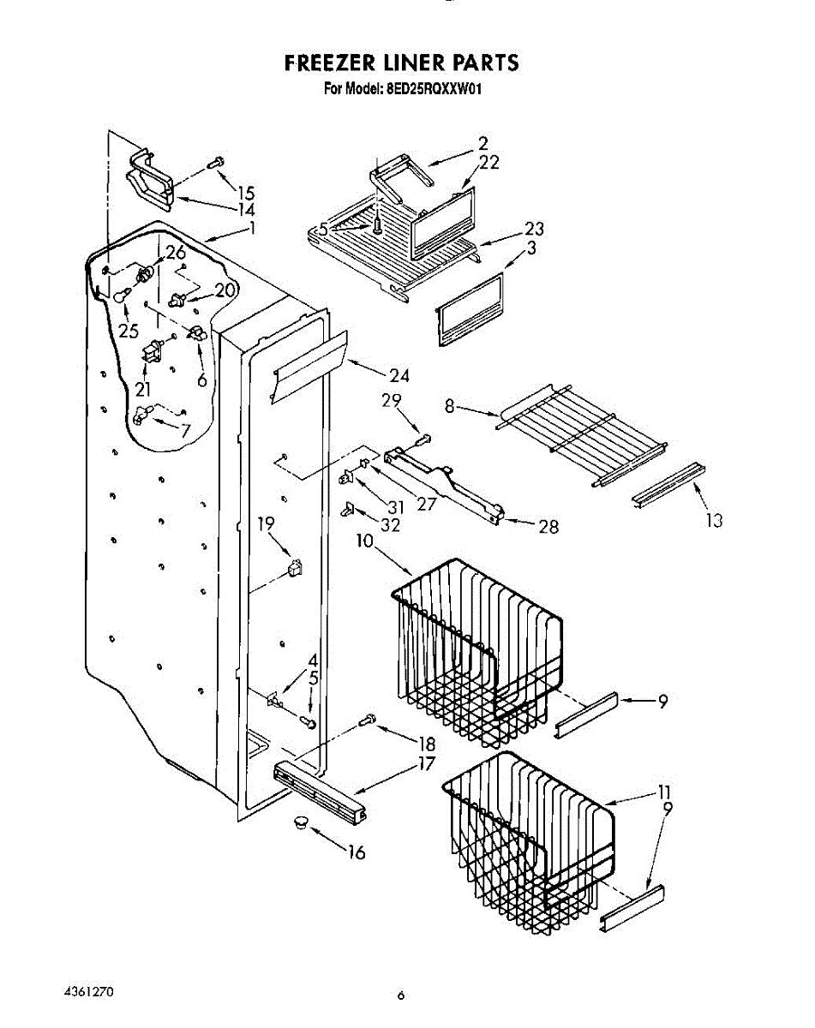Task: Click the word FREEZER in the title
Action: pyautogui.click(x=327, y=63)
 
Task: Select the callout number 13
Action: pyautogui.click(x=713, y=520)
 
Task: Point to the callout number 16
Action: pyautogui.click(x=357, y=852)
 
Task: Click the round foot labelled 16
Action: pyautogui.click(x=299, y=822)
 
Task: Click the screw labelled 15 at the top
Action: pyautogui.click(x=216, y=161)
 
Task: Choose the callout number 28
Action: pyautogui.click(x=548, y=527)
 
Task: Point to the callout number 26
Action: pyautogui.click(x=175, y=253)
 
